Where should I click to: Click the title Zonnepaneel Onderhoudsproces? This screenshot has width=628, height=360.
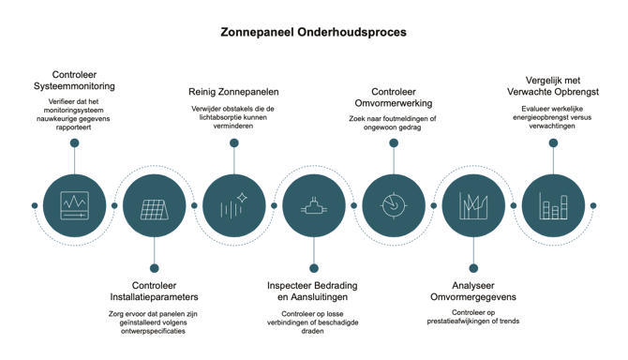tap(313, 32)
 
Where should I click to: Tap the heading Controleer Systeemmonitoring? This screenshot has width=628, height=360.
tap(74, 80)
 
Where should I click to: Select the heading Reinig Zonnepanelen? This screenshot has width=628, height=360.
tap(233, 92)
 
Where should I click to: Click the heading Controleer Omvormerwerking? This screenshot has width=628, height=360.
tap(394, 97)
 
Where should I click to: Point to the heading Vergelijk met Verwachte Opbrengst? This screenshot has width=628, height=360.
tap(553, 86)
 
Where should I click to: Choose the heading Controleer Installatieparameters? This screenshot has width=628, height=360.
tap(155, 292)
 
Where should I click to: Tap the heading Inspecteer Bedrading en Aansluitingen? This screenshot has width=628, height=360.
tap(312, 292)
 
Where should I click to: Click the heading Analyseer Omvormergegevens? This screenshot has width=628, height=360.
tap(473, 292)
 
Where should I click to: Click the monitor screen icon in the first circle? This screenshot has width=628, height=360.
tap(74, 205)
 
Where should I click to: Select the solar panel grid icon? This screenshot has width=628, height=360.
tap(155, 209)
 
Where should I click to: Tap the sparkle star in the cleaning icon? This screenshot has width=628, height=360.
tap(242, 198)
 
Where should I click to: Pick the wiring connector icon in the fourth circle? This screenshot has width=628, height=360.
tap(314, 206)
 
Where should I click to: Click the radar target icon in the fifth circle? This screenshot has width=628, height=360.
tap(394, 205)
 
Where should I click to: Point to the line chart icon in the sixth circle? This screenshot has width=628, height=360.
tap(473, 206)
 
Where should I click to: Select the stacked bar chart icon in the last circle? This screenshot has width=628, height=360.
tap(553, 206)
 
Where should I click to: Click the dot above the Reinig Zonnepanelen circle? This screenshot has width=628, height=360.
tap(234, 142)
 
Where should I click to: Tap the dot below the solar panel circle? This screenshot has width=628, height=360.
tap(155, 268)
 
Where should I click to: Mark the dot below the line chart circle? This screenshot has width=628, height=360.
tap(473, 268)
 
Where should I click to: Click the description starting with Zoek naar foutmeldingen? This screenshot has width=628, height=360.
tap(393, 123)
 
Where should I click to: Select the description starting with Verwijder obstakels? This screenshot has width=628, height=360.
tap(232, 117)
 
